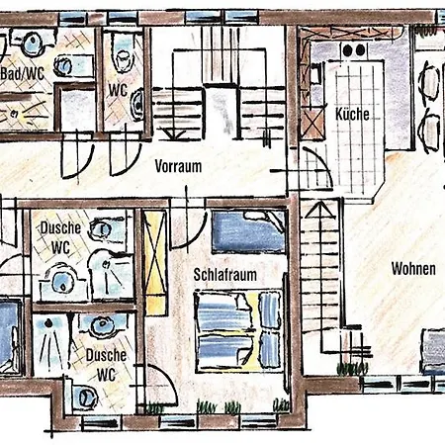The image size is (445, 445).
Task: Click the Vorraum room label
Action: (x=178, y=166)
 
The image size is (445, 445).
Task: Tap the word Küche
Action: (x=352, y=114)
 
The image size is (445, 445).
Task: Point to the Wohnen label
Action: (x=413, y=269)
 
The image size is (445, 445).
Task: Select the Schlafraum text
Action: (x=224, y=275)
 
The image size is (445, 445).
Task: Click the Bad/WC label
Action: (x=23, y=74)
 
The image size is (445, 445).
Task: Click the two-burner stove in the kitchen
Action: (x=354, y=50)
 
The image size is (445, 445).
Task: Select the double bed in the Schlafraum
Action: (x=238, y=329)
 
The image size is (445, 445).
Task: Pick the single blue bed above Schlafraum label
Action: (x=248, y=232)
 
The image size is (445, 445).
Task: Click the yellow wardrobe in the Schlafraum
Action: (x=155, y=262)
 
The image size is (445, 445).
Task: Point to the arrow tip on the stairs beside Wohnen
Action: (x=319, y=204)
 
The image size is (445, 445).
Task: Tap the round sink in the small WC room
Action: (x=137, y=103)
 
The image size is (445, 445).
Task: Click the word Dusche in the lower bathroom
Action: (x=106, y=355)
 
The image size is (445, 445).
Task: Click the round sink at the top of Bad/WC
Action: (x=33, y=43)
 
